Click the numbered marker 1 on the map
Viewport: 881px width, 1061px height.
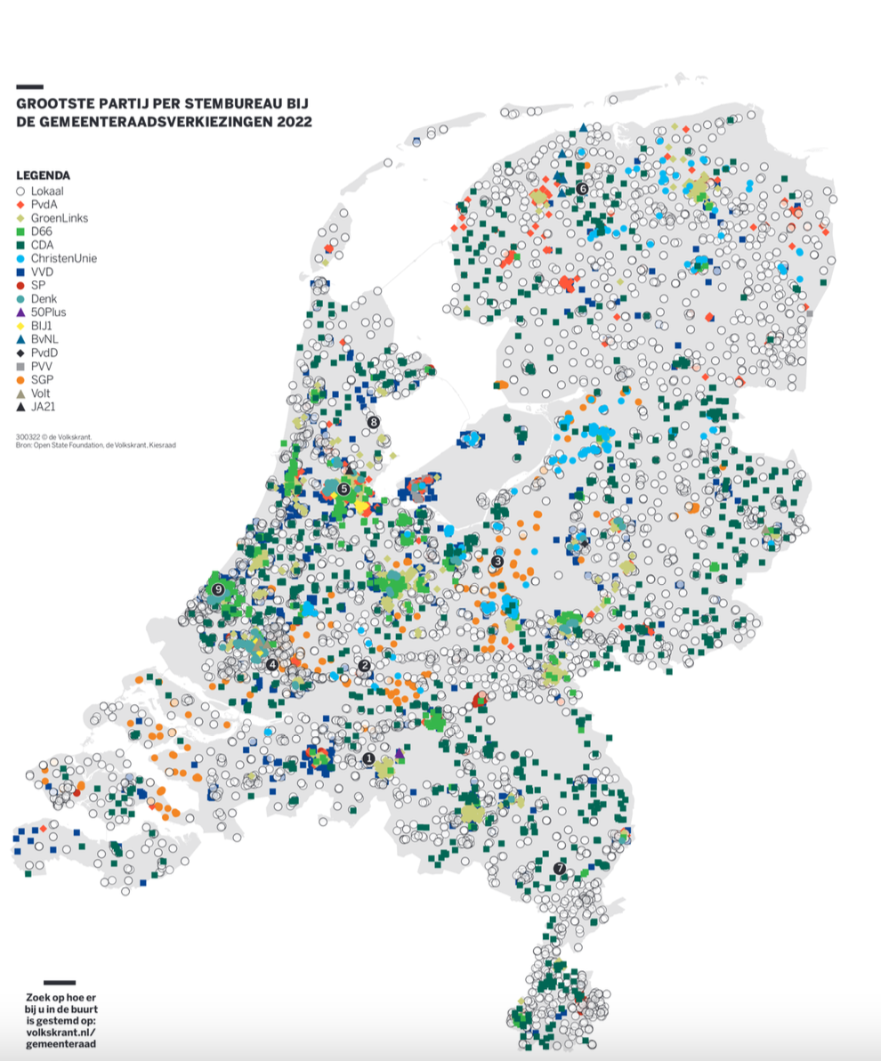(x=368, y=758)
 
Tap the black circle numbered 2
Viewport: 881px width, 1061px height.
(x=364, y=666)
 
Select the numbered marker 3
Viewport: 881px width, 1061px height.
(x=497, y=561)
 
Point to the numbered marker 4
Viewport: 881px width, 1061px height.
(x=271, y=664)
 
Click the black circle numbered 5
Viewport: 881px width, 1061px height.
(x=344, y=488)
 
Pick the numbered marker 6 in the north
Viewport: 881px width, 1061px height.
(x=582, y=188)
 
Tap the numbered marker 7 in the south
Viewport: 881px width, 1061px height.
(x=560, y=868)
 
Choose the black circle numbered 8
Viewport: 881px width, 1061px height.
(x=373, y=422)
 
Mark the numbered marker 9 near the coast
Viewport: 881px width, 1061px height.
(x=217, y=588)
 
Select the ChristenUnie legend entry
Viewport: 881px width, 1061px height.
(x=62, y=258)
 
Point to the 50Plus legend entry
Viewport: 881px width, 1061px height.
(x=48, y=312)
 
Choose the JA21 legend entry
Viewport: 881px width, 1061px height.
(x=43, y=406)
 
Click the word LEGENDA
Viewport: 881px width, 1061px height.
(x=43, y=175)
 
